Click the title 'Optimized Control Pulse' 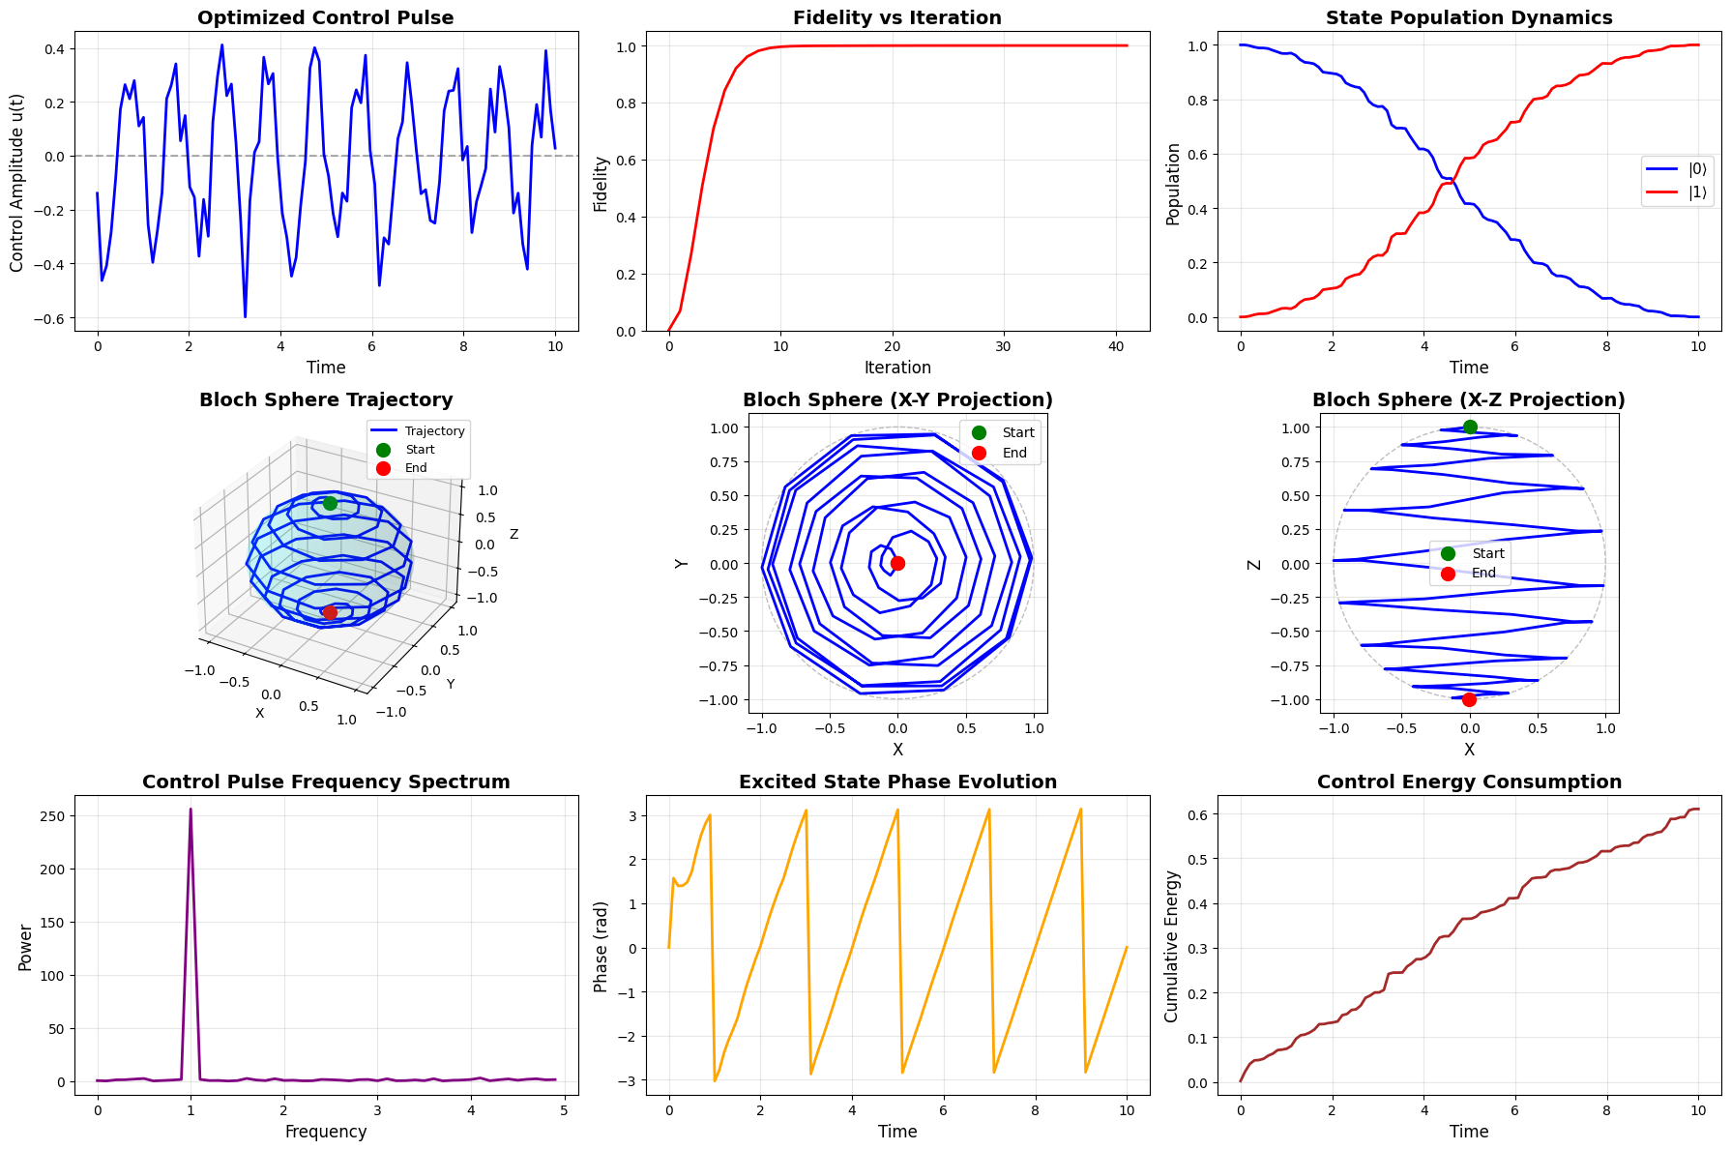pyautogui.click(x=326, y=18)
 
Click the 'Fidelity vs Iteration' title pyautogui.click(x=897, y=18)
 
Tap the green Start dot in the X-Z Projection pyautogui.click(x=1470, y=428)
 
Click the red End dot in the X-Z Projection pyautogui.click(x=1469, y=699)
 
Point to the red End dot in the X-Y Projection pyautogui.click(x=897, y=563)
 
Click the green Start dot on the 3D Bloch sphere pyautogui.click(x=330, y=503)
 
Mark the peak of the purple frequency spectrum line pyautogui.click(x=191, y=810)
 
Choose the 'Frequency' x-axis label pyautogui.click(x=326, y=1132)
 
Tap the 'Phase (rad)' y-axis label pyautogui.click(x=601, y=947)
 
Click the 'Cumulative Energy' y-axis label pyautogui.click(x=1172, y=947)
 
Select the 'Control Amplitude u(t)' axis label pyautogui.click(x=16, y=182)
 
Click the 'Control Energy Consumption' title pyautogui.click(x=1469, y=782)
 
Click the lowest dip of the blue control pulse pyautogui.click(x=245, y=316)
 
